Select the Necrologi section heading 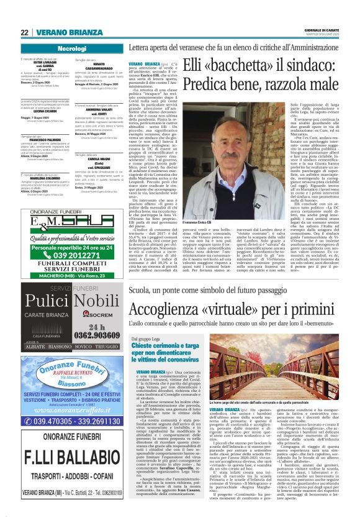[71, 48]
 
